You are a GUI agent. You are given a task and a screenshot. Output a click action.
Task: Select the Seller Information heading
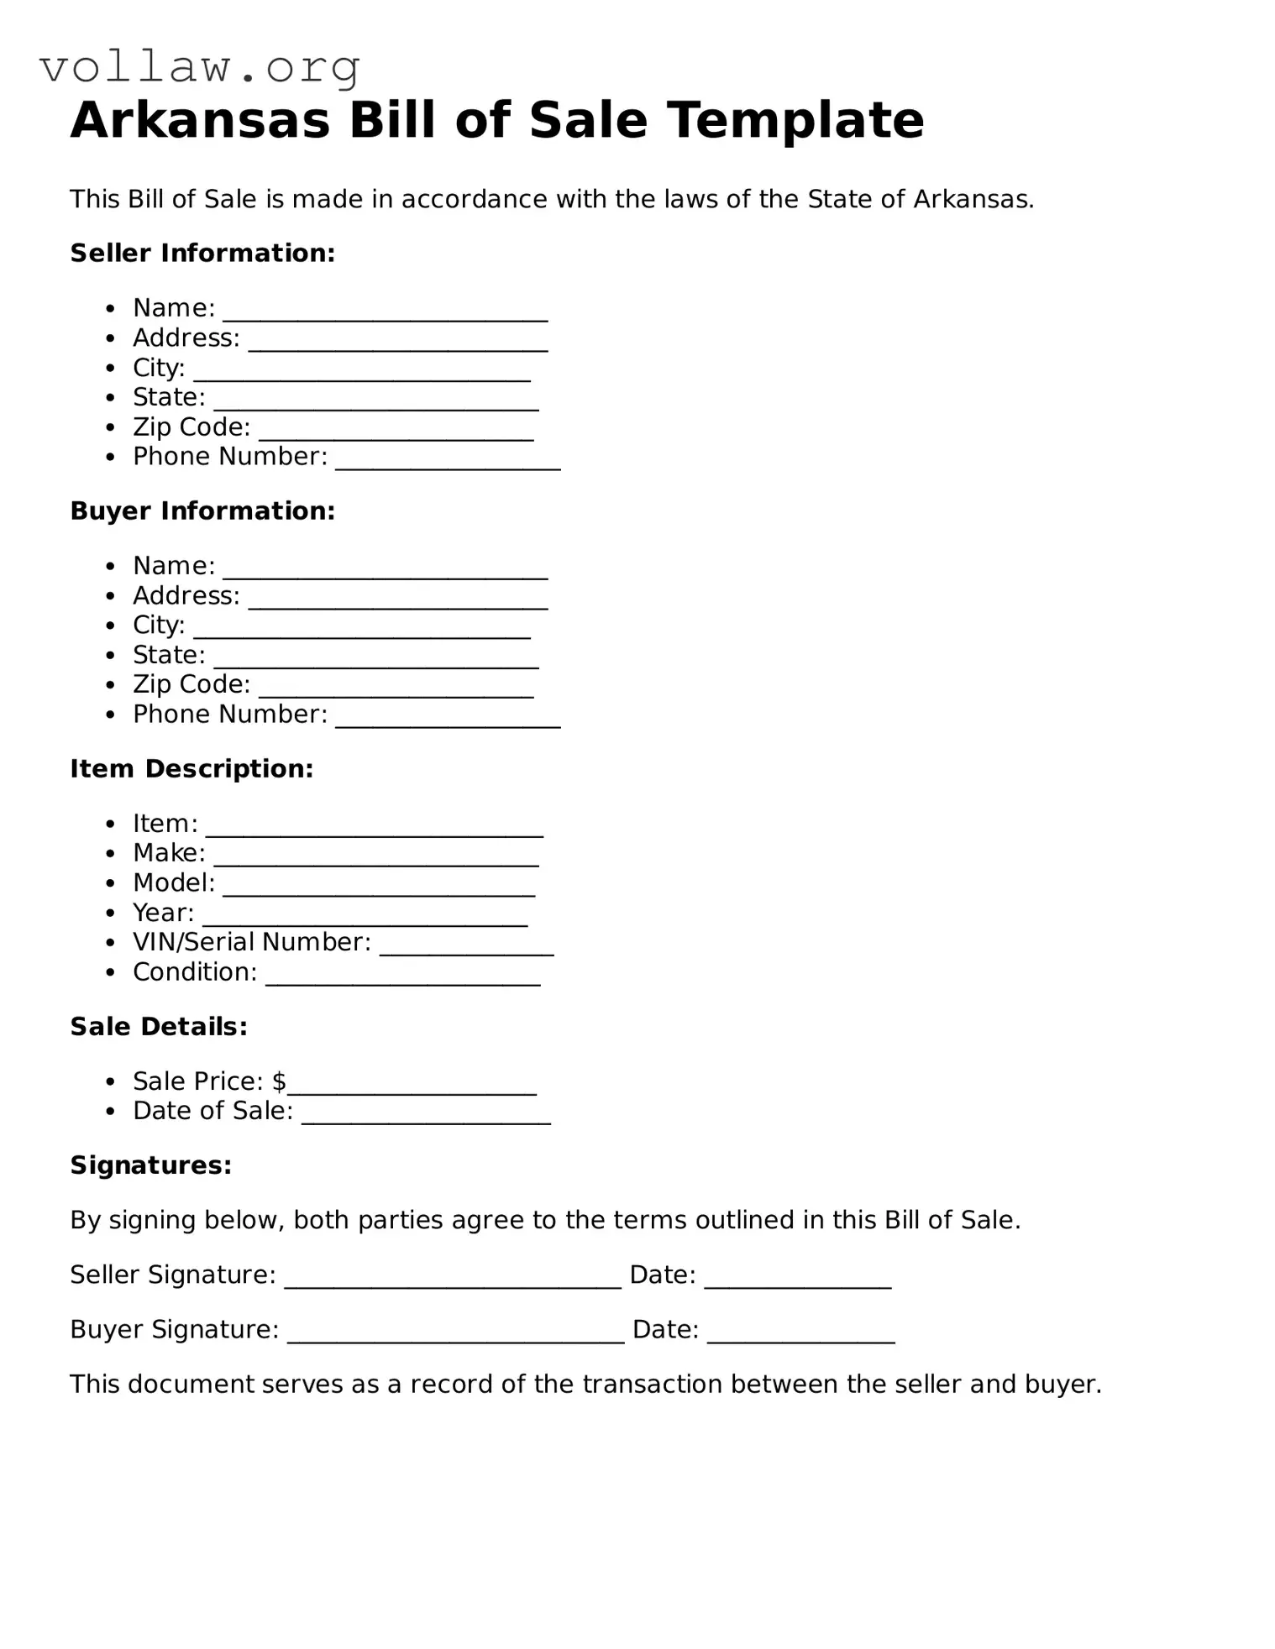pos(202,253)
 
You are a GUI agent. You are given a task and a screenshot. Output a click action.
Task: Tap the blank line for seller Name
pos(385,316)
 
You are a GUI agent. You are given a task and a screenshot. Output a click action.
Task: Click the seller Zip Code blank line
pos(396,435)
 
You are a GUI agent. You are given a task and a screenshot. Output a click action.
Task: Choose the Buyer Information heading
pos(202,510)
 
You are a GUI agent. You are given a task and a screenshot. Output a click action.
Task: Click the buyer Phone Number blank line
pos(448,722)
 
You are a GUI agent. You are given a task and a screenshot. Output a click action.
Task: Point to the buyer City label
pos(159,626)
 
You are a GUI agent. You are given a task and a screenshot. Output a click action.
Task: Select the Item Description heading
pos(192,768)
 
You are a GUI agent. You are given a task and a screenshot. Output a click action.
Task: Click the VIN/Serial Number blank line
pos(466,950)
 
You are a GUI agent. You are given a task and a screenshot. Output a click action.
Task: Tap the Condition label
pos(195,972)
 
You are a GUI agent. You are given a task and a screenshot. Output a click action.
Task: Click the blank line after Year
pos(365,921)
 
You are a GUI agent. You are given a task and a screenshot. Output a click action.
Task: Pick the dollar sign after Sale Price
pos(279,1081)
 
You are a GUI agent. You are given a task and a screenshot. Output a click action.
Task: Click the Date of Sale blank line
pos(426,1119)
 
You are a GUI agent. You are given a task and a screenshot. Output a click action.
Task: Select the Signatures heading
pos(150,1165)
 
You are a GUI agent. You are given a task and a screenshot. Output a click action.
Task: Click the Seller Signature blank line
pos(453,1283)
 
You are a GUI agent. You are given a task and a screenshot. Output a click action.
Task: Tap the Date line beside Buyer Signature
pos(800,1338)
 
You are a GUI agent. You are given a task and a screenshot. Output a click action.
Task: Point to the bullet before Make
pos(111,854)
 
